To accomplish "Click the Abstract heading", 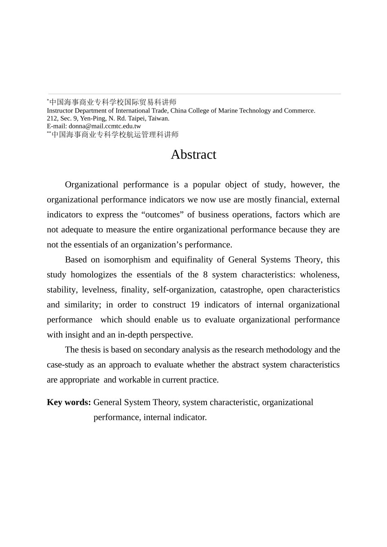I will pos(193,154).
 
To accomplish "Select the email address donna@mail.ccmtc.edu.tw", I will pos(105,126).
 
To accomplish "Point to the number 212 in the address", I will pos(52,119).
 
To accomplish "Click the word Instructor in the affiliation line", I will pos(60,111).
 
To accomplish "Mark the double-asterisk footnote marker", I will pos(49,133).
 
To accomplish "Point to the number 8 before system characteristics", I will pos(205,275).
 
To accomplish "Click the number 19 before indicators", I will pos(195,305).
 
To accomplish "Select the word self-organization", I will pos(184,290).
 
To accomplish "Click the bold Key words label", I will pos(69,402).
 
